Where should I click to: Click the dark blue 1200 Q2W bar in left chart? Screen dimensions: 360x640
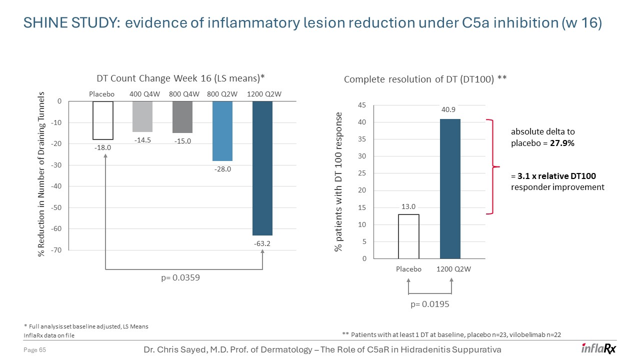point(262,168)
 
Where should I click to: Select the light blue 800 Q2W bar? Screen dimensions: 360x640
point(222,131)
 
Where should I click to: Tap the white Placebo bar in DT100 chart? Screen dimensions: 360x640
point(408,236)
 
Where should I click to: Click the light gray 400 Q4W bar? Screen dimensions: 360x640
point(142,116)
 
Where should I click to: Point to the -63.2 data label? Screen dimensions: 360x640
point(262,243)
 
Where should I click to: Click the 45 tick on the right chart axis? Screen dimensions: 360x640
point(362,105)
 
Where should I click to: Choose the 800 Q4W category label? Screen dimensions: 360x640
point(185,94)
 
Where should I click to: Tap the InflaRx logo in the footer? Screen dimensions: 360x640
point(598,348)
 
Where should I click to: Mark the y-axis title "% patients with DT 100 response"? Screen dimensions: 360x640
point(339,182)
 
